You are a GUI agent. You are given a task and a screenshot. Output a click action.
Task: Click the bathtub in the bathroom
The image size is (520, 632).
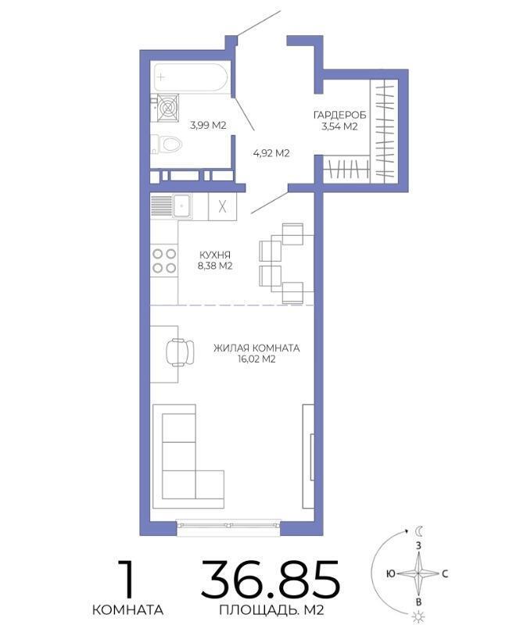tap(192, 77)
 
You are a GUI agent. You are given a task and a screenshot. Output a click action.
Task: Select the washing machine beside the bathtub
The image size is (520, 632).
tap(168, 107)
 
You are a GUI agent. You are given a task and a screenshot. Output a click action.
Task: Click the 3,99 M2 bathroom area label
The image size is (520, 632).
tap(208, 125)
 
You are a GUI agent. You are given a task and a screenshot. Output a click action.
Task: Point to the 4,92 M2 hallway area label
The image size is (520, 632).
tap(271, 153)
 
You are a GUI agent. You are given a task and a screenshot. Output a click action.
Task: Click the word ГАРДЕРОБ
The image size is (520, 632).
tap(339, 116)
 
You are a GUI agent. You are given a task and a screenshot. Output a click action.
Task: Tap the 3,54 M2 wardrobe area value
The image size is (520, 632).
tap(339, 127)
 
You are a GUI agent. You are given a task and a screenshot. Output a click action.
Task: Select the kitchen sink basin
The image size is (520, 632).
tap(182, 205)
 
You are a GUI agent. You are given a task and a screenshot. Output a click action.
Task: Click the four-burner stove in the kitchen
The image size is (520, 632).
tap(164, 261)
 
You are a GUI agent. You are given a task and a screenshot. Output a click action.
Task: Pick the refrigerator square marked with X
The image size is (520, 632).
tap(222, 207)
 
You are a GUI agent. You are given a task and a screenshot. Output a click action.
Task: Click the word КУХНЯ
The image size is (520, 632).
tap(215, 255)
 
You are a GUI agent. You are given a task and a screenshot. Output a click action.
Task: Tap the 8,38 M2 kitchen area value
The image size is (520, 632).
tap(214, 266)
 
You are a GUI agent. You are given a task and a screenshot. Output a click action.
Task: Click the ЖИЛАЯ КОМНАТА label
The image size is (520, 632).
tap(256, 348)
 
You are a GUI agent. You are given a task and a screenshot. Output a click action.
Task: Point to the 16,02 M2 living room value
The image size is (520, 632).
tap(256, 359)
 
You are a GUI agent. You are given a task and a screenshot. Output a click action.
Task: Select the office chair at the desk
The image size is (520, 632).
tap(180, 352)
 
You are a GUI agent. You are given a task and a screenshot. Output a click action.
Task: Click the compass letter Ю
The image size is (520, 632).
tap(390, 573)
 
